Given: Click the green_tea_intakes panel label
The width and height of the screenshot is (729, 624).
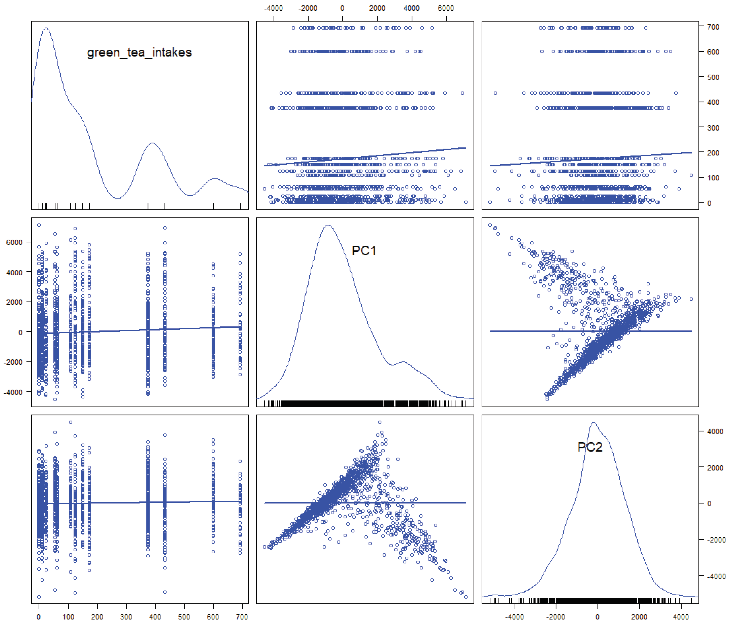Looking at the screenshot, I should [x=139, y=52].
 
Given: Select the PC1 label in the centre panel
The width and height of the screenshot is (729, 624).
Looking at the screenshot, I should [x=364, y=251].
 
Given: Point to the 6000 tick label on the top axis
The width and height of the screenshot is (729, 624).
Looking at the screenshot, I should [x=446, y=8].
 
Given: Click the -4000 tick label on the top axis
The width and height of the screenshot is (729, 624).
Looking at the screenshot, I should [x=273, y=8].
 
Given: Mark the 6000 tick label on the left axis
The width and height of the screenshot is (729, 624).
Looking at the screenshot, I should [x=14, y=242].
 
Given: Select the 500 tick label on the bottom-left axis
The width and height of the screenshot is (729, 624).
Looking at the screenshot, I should [x=184, y=617].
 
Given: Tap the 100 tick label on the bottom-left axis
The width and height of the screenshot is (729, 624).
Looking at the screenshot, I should [x=68, y=617].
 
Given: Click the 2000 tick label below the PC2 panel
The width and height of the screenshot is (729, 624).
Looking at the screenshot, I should [x=639, y=617].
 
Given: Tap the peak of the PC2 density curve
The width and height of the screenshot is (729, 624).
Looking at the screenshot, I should [x=594, y=423].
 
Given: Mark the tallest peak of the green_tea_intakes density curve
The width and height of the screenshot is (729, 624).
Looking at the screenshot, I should [x=46, y=28].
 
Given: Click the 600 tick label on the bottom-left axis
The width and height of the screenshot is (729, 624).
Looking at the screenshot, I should [x=213, y=617].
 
